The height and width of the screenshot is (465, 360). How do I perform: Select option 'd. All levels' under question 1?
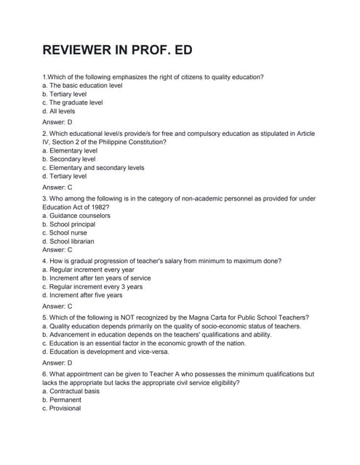[x=58, y=111]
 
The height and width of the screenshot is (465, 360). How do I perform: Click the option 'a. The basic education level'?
[x=82, y=85]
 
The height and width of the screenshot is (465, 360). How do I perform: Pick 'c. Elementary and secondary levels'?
[x=93, y=167]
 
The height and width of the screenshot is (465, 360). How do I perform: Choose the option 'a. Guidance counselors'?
[x=76, y=215]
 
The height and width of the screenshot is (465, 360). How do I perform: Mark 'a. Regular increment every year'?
[x=88, y=270]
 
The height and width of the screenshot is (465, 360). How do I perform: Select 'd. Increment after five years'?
[x=82, y=295]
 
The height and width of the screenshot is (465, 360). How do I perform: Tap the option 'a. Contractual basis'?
[x=71, y=391]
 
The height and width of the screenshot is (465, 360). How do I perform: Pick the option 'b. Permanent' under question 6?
[x=62, y=400]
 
